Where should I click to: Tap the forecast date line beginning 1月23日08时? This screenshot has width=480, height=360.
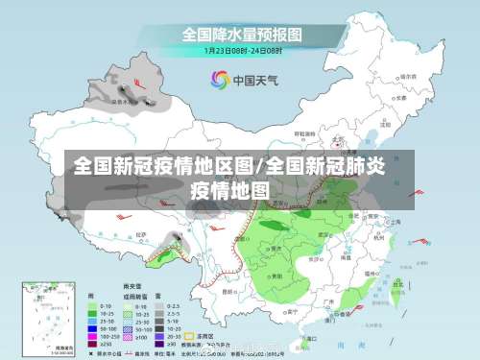(x=243, y=50)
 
